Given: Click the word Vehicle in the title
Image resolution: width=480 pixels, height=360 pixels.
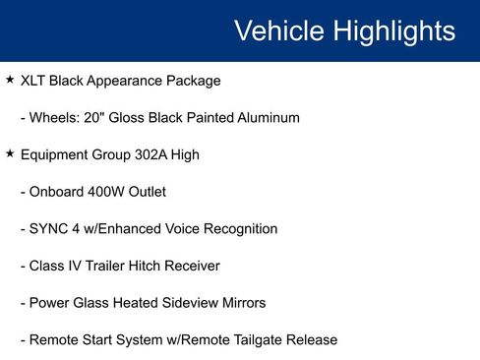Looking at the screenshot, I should [x=277, y=30].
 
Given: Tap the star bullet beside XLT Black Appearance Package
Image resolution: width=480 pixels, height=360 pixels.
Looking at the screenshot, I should [x=10, y=80].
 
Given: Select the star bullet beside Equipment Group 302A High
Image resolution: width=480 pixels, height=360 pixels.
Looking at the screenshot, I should [x=10, y=154].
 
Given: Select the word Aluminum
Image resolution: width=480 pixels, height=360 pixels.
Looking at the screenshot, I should [x=267, y=118].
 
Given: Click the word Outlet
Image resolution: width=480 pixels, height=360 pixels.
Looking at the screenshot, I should [x=148, y=192].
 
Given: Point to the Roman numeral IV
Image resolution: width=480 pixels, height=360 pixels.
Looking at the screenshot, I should [x=72, y=266].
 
